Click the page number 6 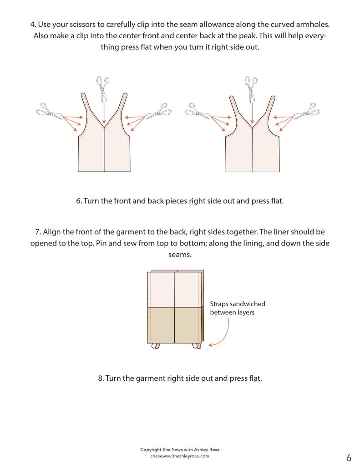tap(349, 457)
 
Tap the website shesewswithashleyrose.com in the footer tap(180, 456)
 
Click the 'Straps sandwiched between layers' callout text tap(237, 308)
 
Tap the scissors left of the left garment tap(49, 111)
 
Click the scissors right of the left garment tap(158, 111)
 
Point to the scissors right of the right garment tap(307, 111)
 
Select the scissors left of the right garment tap(198, 111)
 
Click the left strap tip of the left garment tap(83, 95)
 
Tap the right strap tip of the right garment tap(273, 97)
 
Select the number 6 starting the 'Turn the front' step tap(78, 201)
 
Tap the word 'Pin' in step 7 tap(101, 243)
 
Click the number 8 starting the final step tap(101, 379)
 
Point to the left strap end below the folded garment tap(156, 346)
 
